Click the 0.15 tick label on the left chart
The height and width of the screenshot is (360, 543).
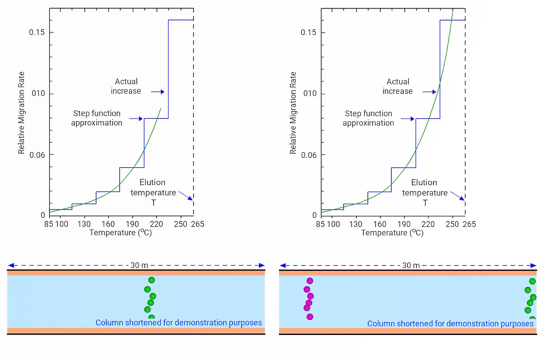point(37,32)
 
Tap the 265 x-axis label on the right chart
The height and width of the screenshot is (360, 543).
point(469,224)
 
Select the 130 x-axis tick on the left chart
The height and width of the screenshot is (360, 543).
point(84,224)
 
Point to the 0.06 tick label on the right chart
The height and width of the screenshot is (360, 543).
point(308,155)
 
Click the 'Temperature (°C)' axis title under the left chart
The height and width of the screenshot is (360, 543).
point(120,233)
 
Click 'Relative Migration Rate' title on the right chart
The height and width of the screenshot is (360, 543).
point(293,113)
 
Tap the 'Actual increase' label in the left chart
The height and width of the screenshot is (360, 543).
point(126,86)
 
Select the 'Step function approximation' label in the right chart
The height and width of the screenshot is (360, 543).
point(368,118)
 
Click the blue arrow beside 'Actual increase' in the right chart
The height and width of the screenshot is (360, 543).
point(429,92)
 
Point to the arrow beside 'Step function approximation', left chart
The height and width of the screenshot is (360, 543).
point(136,119)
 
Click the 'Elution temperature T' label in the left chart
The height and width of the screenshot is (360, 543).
point(153,192)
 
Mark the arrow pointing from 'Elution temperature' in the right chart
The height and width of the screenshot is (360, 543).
point(457,196)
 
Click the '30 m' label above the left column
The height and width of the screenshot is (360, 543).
point(139,265)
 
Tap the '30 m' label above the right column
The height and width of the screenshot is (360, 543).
point(411,265)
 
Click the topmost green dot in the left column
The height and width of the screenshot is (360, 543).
point(152,280)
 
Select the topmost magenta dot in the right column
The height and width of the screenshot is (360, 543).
point(310,281)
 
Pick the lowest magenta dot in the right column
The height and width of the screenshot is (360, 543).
point(310,317)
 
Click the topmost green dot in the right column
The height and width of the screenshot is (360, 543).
point(532,281)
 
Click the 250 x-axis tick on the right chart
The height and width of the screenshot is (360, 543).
point(452,224)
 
